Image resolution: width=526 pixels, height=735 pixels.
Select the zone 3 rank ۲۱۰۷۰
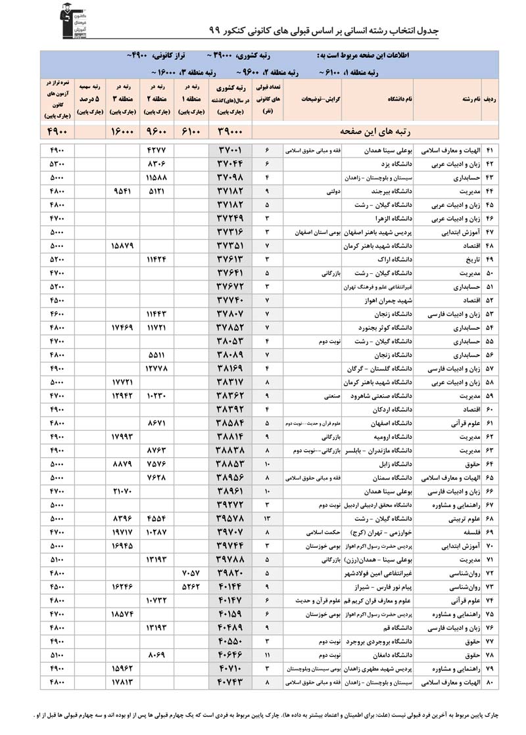tap(123, 491)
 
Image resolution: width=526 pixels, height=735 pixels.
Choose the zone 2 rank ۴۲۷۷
tap(156, 150)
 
